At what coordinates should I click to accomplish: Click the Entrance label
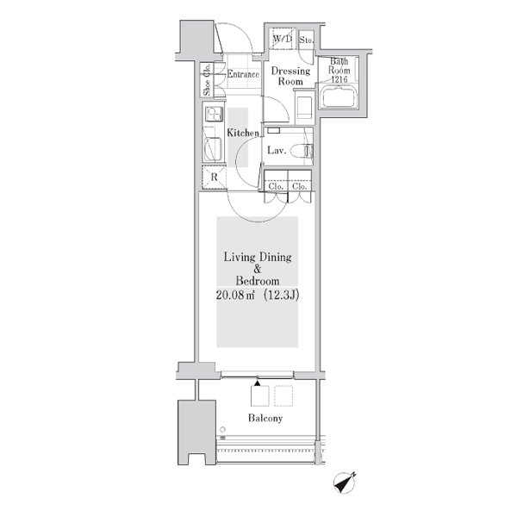pyautogui.click(x=243, y=74)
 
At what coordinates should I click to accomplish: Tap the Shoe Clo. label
pyautogui.click(x=207, y=80)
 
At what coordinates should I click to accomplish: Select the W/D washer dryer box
pyautogui.click(x=283, y=39)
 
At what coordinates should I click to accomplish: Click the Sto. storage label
pyautogui.click(x=306, y=40)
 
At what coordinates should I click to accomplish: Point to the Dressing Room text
pyautogui.click(x=290, y=76)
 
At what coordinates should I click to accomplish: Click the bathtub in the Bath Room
pyautogui.click(x=339, y=97)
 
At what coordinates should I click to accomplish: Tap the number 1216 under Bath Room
pyautogui.click(x=339, y=79)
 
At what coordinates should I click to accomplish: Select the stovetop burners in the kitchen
pyautogui.click(x=214, y=114)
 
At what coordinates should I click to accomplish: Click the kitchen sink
pyautogui.click(x=213, y=149)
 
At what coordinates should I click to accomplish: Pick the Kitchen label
pyautogui.click(x=243, y=133)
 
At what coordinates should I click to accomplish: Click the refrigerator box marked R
pyautogui.click(x=214, y=178)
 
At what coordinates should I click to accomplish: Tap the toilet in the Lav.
pyautogui.click(x=302, y=152)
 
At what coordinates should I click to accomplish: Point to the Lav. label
pyautogui.click(x=277, y=150)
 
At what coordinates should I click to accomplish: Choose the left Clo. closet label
pyautogui.click(x=276, y=186)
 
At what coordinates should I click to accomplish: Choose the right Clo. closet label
pyautogui.click(x=299, y=186)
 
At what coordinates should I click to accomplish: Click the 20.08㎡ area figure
pyautogui.click(x=235, y=295)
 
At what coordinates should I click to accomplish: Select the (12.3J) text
pyautogui.click(x=281, y=295)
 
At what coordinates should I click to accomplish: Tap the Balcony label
pyautogui.click(x=265, y=418)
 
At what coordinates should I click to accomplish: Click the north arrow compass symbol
pyautogui.click(x=345, y=483)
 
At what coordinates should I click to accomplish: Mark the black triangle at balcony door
pyautogui.click(x=257, y=383)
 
